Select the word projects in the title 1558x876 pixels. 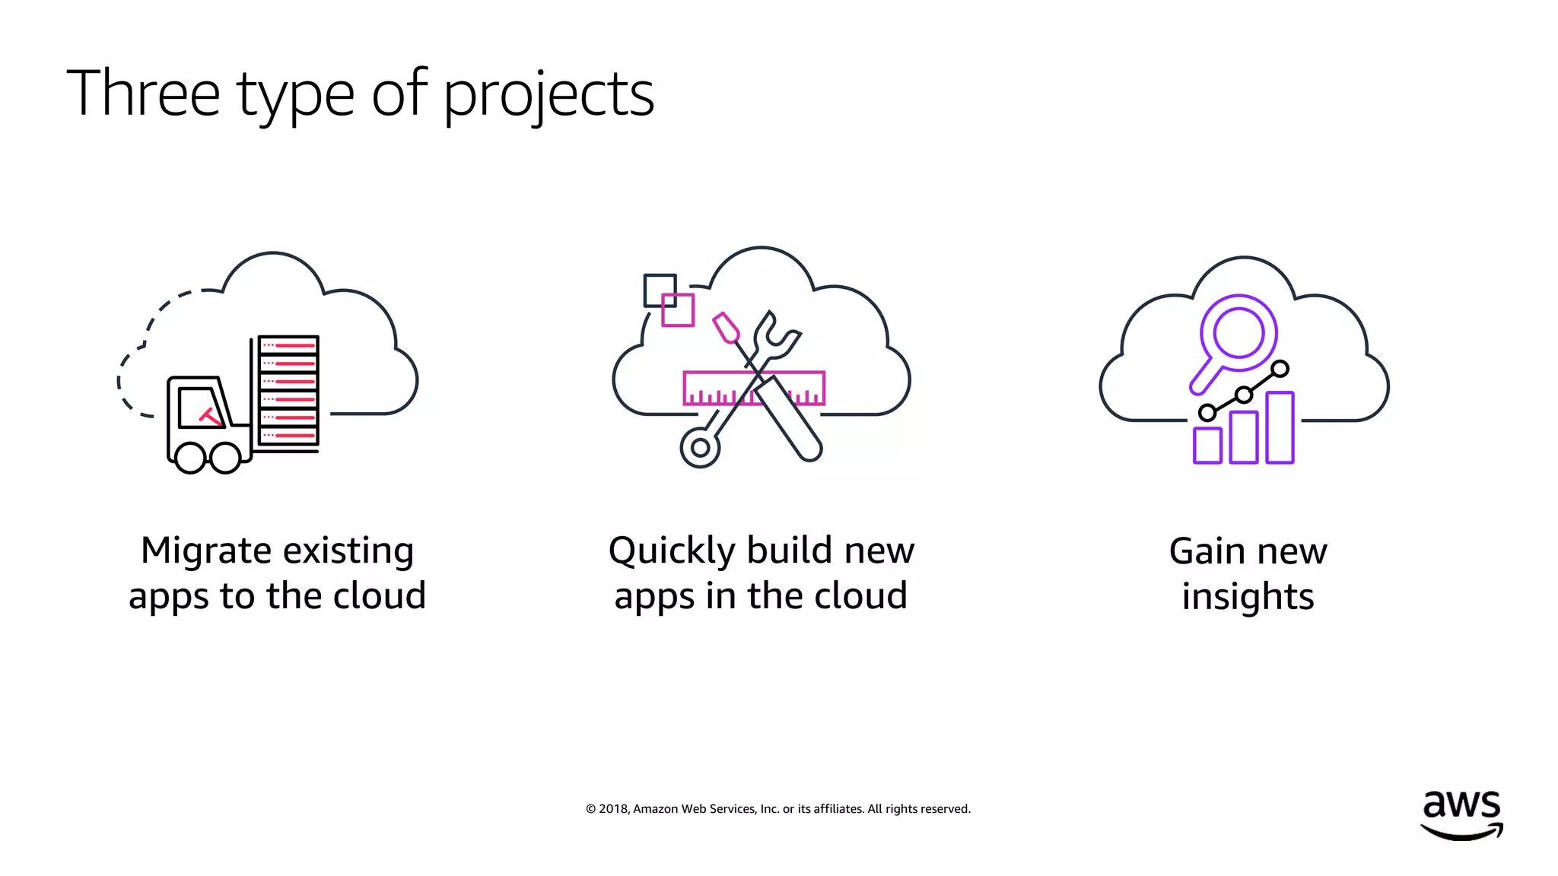click(x=548, y=96)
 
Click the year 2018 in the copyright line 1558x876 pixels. click(x=613, y=809)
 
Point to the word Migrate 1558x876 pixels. click(x=205, y=551)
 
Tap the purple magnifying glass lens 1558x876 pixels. click(x=1238, y=332)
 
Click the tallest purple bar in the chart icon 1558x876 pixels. click(x=1280, y=427)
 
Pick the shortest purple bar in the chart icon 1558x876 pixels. click(x=1207, y=446)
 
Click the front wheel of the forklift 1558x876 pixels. click(x=190, y=457)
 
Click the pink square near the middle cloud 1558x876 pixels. click(x=678, y=310)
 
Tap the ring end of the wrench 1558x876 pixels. click(x=700, y=447)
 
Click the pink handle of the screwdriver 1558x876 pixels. click(x=726, y=328)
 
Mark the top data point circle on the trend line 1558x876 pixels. click(x=1280, y=370)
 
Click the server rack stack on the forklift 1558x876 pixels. click(x=288, y=390)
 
